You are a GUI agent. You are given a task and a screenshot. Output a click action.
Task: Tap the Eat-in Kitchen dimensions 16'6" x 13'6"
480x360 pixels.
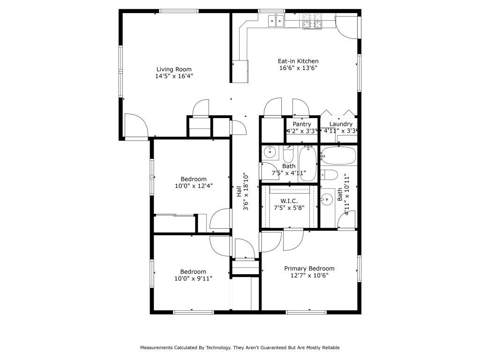pyautogui.click(x=298, y=68)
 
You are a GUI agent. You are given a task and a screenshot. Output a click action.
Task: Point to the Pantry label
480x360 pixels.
pyautogui.click(x=302, y=124)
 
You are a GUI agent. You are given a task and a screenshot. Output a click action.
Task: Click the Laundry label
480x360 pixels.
pyautogui.click(x=340, y=124)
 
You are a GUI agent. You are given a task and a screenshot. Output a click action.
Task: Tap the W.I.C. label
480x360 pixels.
pyautogui.click(x=289, y=201)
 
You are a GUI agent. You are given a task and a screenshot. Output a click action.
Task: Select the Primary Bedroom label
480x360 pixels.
pyautogui.click(x=309, y=269)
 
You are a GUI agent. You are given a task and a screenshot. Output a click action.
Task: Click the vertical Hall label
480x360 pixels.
pyautogui.click(x=239, y=192)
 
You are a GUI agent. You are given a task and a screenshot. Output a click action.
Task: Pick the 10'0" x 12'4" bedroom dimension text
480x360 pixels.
pyautogui.click(x=194, y=186)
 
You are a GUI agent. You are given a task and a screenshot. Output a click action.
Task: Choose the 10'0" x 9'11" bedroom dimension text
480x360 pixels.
pyautogui.click(x=194, y=278)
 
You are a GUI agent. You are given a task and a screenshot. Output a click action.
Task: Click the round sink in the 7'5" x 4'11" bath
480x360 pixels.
pyautogui.click(x=270, y=152)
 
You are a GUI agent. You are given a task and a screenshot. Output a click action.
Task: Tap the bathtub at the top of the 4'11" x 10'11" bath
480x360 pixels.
pyautogui.click(x=338, y=155)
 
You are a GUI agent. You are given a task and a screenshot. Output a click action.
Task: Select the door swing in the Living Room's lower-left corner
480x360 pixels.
pyautogui.click(x=135, y=125)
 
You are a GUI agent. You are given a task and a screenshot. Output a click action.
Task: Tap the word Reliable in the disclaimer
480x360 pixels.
pyautogui.click(x=330, y=348)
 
